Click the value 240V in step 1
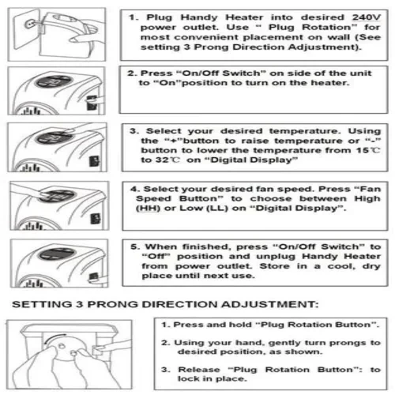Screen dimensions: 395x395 pyautogui.click(x=367, y=17)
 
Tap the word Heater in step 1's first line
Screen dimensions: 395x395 pyautogui.click(x=244, y=17)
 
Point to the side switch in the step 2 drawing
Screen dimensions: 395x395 pyautogui.click(x=92, y=103)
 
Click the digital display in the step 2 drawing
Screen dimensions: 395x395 pyautogui.click(x=54, y=81)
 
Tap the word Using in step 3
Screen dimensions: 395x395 pyautogui.click(x=364, y=131)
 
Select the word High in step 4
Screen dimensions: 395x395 pyautogui.click(x=367, y=198)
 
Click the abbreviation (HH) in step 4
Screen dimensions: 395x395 pyautogui.click(x=148, y=209)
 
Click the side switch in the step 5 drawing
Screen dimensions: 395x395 pyautogui.click(x=93, y=278)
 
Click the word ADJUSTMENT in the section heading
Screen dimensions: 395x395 pyautogui.click(x=269, y=304)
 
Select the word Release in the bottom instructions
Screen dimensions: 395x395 pyautogui.click(x=199, y=370)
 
